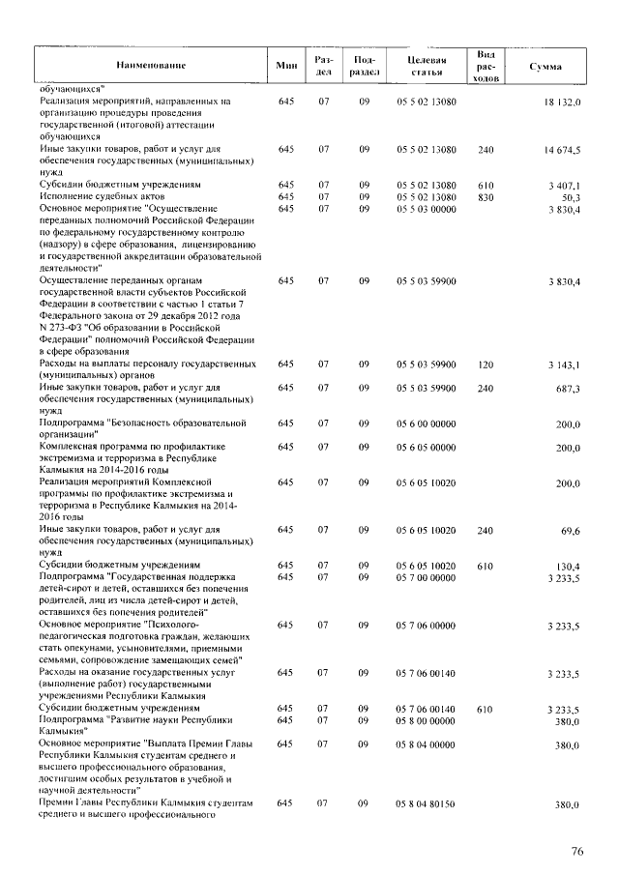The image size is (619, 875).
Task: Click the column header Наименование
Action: (146, 65)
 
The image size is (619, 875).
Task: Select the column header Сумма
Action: (545, 65)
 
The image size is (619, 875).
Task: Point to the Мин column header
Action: (285, 65)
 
